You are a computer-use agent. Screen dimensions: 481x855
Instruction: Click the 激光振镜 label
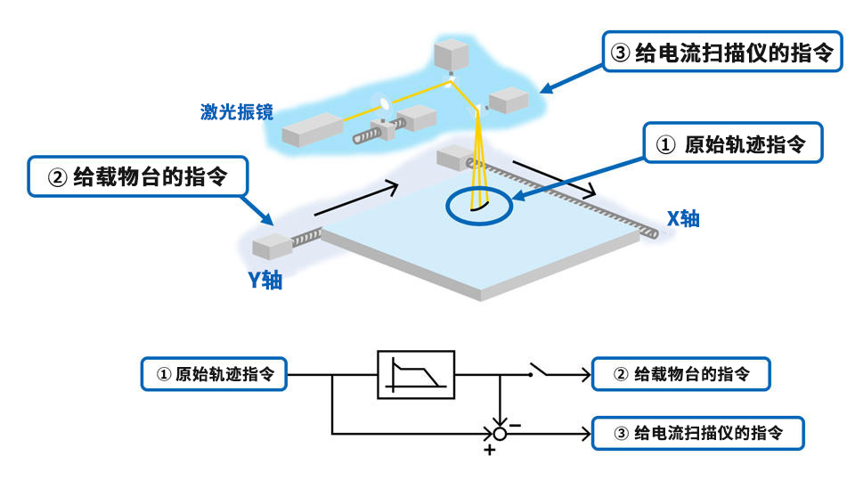pos(236,112)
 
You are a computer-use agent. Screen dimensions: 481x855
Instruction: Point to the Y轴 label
pos(265,280)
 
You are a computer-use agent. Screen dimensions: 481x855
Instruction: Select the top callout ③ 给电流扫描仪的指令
pos(721,53)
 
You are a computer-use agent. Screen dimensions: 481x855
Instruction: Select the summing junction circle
pos(500,434)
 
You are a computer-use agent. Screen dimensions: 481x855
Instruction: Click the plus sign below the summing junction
pos(489,451)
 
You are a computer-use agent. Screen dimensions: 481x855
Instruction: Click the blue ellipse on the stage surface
pos(479,206)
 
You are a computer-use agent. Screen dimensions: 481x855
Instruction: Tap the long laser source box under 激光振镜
pos(313,132)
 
